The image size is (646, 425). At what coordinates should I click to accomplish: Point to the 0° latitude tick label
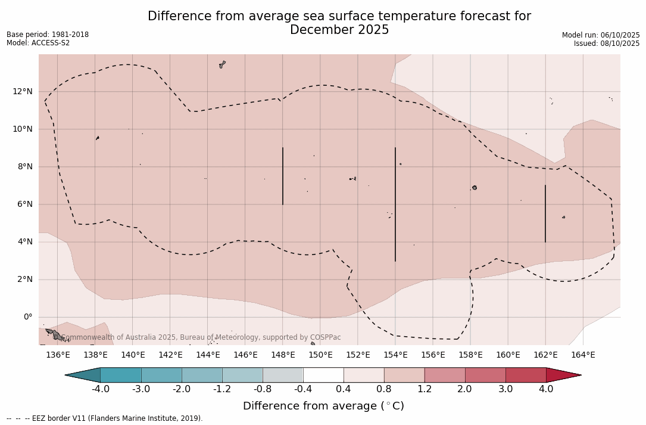pyautogui.click(x=28, y=317)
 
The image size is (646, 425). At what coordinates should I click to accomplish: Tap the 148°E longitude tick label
pyautogui.click(x=283, y=355)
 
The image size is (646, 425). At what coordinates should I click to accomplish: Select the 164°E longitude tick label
pyautogui.click(x=583, y=355)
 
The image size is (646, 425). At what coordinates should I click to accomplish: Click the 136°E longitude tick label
pyautogui.click(x=58, y=355)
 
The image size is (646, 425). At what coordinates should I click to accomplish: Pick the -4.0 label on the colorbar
pyautogui.click(x=100, y=389)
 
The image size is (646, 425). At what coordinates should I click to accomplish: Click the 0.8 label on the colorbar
pyautogui.click(x=384, y=389)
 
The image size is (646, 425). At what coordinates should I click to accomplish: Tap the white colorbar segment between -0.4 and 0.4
pyautogui.click(x=323, y=375)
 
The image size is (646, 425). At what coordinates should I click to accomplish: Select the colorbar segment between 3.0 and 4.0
pyautogui.click(x=526, y=375)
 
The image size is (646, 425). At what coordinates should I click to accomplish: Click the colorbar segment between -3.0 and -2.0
pyautogui.click(x=161, y=375)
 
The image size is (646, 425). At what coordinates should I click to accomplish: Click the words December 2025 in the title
pyautogui.click(x=339, y=30)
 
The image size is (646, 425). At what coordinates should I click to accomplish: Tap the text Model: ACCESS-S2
pyautogui.click(x=38, y=43)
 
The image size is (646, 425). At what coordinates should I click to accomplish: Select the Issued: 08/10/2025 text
pyautogui.click(x=607, y=44)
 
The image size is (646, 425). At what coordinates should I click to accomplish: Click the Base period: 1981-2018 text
pyautogui.click(x=48, y=35)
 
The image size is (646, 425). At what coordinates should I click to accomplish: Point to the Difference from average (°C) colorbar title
pyautogui.click(x=323, y=406)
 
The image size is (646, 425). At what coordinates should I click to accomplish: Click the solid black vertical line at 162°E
pyautogui.click(x=545, y=213)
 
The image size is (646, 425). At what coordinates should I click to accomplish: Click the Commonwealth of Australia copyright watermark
pyautogui.click(x=201, y=337)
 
